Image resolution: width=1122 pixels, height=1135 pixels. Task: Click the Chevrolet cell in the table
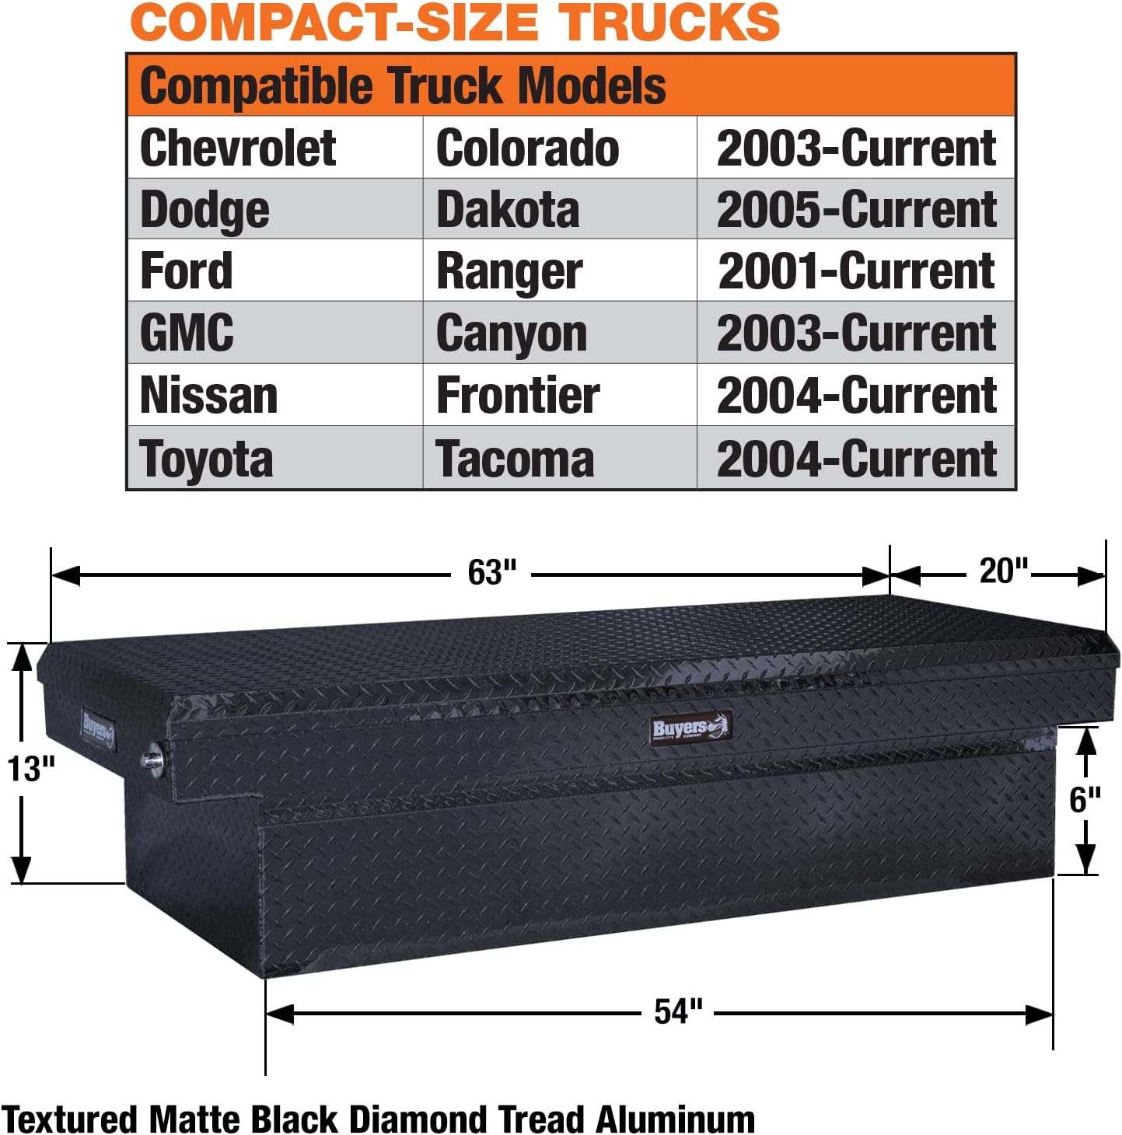[238, 148]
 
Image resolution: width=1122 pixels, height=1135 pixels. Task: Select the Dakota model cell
[508, 210]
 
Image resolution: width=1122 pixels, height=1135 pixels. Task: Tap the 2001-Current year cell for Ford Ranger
[856, 271]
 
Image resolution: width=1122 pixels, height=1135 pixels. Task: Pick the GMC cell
[187, 333]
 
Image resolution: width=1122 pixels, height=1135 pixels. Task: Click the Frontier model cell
[518, 395]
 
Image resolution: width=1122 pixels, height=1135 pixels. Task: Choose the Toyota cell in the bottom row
[206, 459]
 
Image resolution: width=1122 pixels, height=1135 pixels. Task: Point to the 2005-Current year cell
[856, 210]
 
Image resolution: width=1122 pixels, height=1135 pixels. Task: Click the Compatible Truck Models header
[403, 86]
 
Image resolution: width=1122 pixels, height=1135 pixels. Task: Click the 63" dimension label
[492, 573]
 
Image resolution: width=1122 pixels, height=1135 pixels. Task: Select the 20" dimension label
[1003, 571]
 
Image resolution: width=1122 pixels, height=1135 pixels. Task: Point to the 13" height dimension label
[31, 769]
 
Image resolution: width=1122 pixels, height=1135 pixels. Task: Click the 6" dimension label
[1085, 799]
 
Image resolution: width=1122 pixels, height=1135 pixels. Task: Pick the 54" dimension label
[678, 1011]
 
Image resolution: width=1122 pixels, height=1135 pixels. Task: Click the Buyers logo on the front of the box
[690, 728]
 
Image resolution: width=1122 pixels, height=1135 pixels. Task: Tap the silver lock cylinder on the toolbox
[153, 757]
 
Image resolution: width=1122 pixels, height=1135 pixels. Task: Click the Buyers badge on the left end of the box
[98, 729]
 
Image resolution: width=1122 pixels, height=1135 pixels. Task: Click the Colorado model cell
[528, 148]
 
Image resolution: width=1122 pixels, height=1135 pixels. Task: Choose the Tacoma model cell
[515, 459]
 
